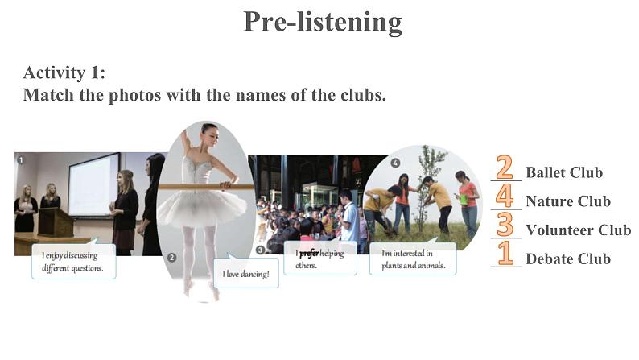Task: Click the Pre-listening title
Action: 323,22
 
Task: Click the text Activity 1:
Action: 64,73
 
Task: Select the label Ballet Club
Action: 564,172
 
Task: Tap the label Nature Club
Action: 568,201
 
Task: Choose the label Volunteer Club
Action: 579,230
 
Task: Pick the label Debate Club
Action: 568,259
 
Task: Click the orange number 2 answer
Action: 505,168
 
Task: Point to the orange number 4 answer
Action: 505,196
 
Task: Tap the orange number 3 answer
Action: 505,225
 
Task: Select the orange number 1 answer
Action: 505,253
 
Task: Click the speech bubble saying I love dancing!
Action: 246,272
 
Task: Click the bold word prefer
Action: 309,254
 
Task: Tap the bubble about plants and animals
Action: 413,259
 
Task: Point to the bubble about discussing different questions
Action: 74,261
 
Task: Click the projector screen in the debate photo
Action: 94,184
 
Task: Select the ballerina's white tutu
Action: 203,207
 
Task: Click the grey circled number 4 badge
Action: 395,163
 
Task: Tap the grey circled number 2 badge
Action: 172,258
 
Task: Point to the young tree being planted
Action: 427,188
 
